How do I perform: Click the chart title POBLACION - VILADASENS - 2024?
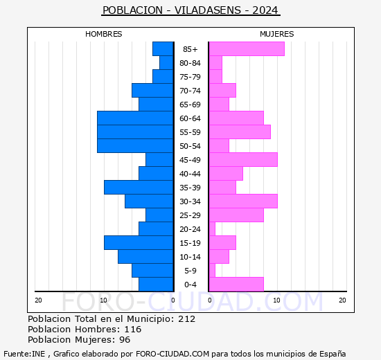(190, 10)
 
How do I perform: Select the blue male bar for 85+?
(163, 48)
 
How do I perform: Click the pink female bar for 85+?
(246, 48)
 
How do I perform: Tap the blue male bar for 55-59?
(135, 132)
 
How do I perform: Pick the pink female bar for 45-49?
(242, 159)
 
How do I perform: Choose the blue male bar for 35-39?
(139, 187)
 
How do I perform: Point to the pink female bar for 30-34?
(242, 201)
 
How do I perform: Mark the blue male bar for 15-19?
(139, 242)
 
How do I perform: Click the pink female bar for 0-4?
(236, 284)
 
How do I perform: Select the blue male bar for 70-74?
(152, 90)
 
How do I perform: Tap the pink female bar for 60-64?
(236, 118)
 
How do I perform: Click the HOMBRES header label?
(104, 34)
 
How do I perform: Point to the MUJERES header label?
(276, 34)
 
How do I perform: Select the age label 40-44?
(190, 174)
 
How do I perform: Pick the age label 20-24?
(190, 229)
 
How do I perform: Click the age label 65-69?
(190, 105)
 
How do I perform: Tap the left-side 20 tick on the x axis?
(39, 300)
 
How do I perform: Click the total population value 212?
(186, 319)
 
